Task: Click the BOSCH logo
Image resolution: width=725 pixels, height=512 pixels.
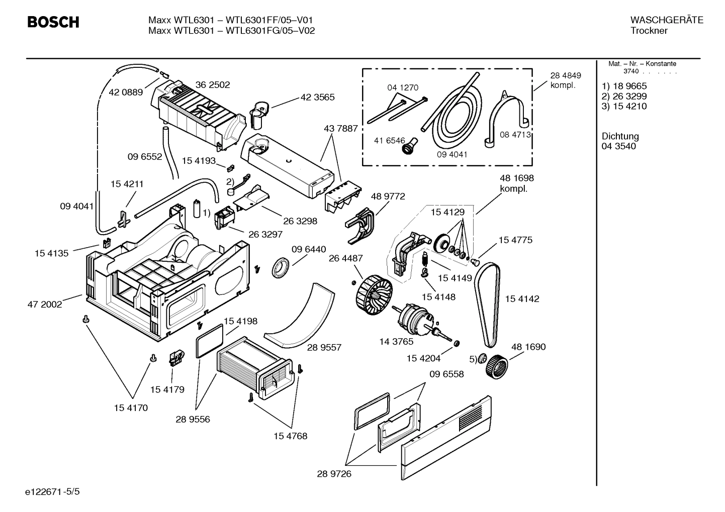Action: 53,23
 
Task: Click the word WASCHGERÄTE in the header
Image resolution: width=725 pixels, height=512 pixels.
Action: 666,20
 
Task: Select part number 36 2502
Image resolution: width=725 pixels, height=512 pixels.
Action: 212,85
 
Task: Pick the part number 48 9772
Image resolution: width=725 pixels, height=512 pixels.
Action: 388,196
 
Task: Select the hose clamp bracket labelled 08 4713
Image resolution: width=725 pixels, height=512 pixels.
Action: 507,118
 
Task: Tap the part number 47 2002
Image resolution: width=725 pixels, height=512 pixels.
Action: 44,304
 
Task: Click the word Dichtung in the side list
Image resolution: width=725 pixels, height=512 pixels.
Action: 620,136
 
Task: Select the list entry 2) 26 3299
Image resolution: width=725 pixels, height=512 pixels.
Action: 624,96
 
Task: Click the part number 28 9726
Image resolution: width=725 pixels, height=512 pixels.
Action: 334,473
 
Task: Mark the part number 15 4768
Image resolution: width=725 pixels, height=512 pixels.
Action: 290,436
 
